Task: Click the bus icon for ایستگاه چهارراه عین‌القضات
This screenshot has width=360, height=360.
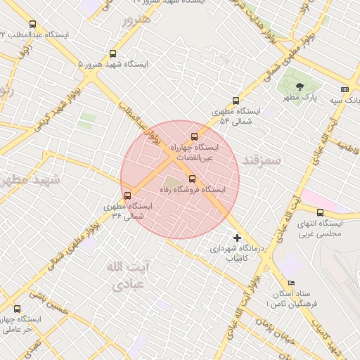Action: [x=194, y=136]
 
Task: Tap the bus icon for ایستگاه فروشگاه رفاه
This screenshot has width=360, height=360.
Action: [x=193, y=178]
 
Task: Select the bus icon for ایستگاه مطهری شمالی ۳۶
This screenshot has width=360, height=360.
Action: [x=127, y=195]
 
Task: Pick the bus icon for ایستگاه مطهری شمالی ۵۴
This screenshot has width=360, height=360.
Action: [x=236, y=101]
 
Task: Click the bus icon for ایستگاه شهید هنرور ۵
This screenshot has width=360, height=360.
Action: [x=113, y=53]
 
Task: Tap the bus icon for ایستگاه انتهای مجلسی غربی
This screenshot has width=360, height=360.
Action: [x=320, y=212]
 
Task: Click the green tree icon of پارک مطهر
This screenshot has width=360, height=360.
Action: [x=300, y=86]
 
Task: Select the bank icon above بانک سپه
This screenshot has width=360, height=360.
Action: [x=344, y=89]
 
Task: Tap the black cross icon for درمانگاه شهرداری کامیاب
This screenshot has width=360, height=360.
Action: [x=237, y=238]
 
